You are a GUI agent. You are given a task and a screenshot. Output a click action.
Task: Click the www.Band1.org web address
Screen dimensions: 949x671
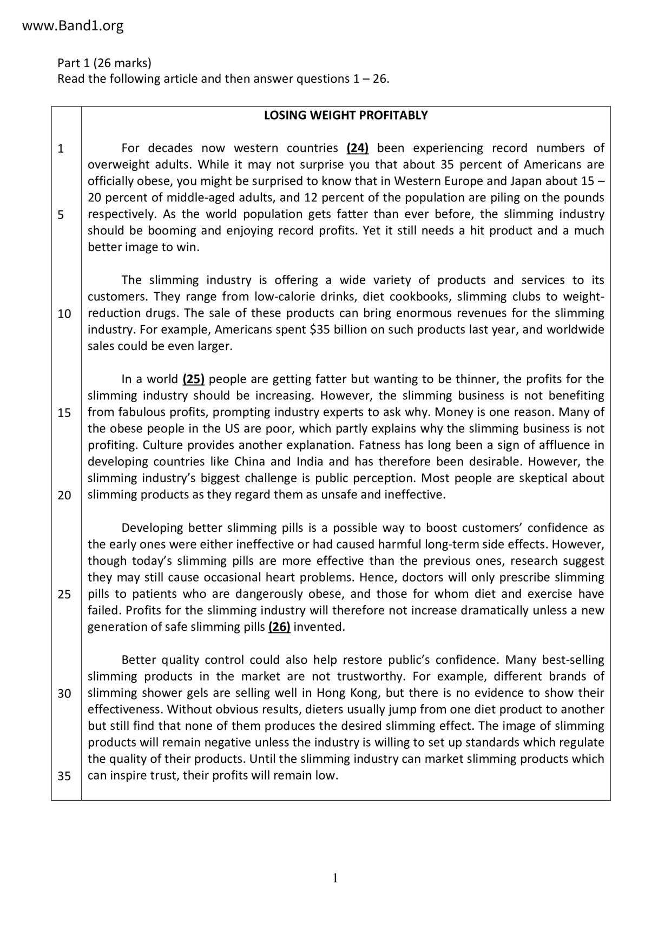73,25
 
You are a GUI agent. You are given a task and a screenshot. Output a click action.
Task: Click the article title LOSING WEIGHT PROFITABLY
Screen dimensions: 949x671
346,115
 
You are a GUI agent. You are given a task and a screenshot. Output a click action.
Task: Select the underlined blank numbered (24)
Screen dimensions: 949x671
358,148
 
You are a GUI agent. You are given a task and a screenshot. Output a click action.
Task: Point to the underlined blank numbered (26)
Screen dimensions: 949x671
279,627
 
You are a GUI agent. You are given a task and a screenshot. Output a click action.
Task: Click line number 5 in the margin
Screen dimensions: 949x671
61,215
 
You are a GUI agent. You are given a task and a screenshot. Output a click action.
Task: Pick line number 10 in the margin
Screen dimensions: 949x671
64,314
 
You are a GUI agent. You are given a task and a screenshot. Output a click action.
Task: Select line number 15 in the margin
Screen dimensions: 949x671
64,413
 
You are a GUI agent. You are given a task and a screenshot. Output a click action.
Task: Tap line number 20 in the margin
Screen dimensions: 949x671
64,495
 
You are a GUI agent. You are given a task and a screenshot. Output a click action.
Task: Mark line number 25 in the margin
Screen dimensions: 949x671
64,595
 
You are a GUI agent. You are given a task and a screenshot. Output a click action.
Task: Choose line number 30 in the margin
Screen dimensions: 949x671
64,694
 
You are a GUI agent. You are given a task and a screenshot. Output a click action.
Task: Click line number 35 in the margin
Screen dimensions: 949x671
64,776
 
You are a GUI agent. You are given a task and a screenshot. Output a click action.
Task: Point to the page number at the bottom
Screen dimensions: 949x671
335,878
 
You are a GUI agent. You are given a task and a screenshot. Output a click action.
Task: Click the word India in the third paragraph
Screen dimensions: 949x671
310,462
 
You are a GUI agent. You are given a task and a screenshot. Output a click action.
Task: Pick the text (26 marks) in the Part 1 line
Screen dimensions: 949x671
122,63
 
